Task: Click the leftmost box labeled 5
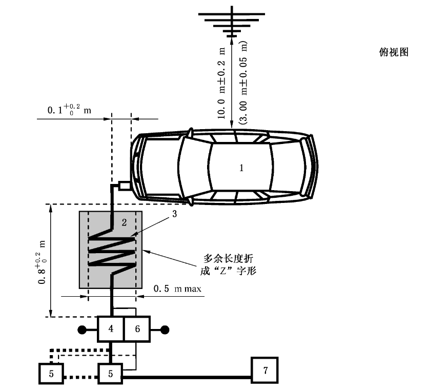pos(50,373)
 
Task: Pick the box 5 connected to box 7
pos(111,373)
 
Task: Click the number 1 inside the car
pos(242,167)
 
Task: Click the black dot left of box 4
pos(81,329)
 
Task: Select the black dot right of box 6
pos(166,329)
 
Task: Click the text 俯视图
pos(394,52)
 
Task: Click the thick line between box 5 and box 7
pos(187,379)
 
